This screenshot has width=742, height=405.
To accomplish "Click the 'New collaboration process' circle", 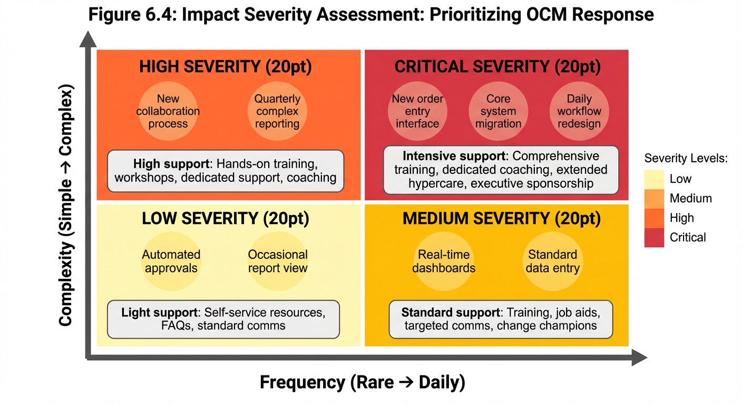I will pos(168,111).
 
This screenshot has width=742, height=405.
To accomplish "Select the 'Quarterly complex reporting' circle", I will pos(277,111).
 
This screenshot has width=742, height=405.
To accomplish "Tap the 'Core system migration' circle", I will pos(498,111).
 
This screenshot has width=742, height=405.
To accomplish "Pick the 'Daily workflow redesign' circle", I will pos(579,111).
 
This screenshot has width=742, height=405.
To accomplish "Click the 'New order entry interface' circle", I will pos(417,111).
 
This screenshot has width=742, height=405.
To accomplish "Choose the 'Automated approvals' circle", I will pos(171,261).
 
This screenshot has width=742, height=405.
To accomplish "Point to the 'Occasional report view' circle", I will pos(278,261).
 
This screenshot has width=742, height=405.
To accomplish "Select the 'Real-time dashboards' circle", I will pos(444,261).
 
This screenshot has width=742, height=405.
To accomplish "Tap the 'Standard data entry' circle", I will pos(552,261).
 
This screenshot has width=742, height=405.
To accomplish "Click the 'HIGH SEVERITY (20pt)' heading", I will pos(226,67).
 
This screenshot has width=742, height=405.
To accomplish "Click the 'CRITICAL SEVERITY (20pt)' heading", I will pos(497,67).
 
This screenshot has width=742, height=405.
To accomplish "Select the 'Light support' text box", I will pos(223,319).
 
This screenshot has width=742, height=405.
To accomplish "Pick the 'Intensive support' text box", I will pos(501,170).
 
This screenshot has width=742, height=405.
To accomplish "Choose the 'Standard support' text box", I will pos(501,319).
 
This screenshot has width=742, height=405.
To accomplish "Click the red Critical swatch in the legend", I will pos(654,238).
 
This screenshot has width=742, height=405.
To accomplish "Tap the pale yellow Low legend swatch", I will pos(654,179).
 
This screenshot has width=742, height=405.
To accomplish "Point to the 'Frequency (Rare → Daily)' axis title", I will pos(363,382).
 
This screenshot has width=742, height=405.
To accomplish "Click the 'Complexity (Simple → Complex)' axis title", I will pos(66,206).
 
